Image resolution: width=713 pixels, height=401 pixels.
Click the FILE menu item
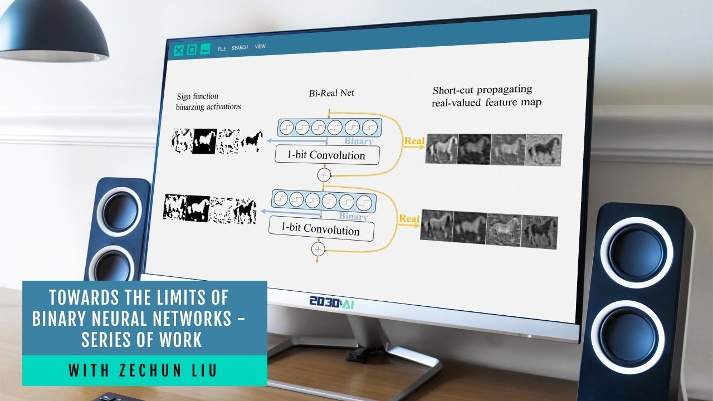tap(222, 48)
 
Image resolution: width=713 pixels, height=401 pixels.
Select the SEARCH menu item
tap(240, 47)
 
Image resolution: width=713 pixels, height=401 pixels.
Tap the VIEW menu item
tap(260, 47)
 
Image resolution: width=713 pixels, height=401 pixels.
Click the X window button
tap(178, 50)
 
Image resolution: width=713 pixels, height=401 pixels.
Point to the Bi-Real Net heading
tap(331, 93)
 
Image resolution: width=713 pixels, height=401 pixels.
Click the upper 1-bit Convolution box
tap(327, 155)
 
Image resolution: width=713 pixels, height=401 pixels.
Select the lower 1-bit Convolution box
tap(320, 228)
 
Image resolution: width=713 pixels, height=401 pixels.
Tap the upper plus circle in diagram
tap(323, 175)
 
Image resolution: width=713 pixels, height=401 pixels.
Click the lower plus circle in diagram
tap(318, 248)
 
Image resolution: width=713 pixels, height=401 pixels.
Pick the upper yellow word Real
tap(414, 141)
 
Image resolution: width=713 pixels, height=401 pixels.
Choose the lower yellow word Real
tap(409, 219)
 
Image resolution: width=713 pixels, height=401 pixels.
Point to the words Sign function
tap(198, 96)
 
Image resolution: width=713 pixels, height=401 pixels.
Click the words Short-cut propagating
tap(482, 90)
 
